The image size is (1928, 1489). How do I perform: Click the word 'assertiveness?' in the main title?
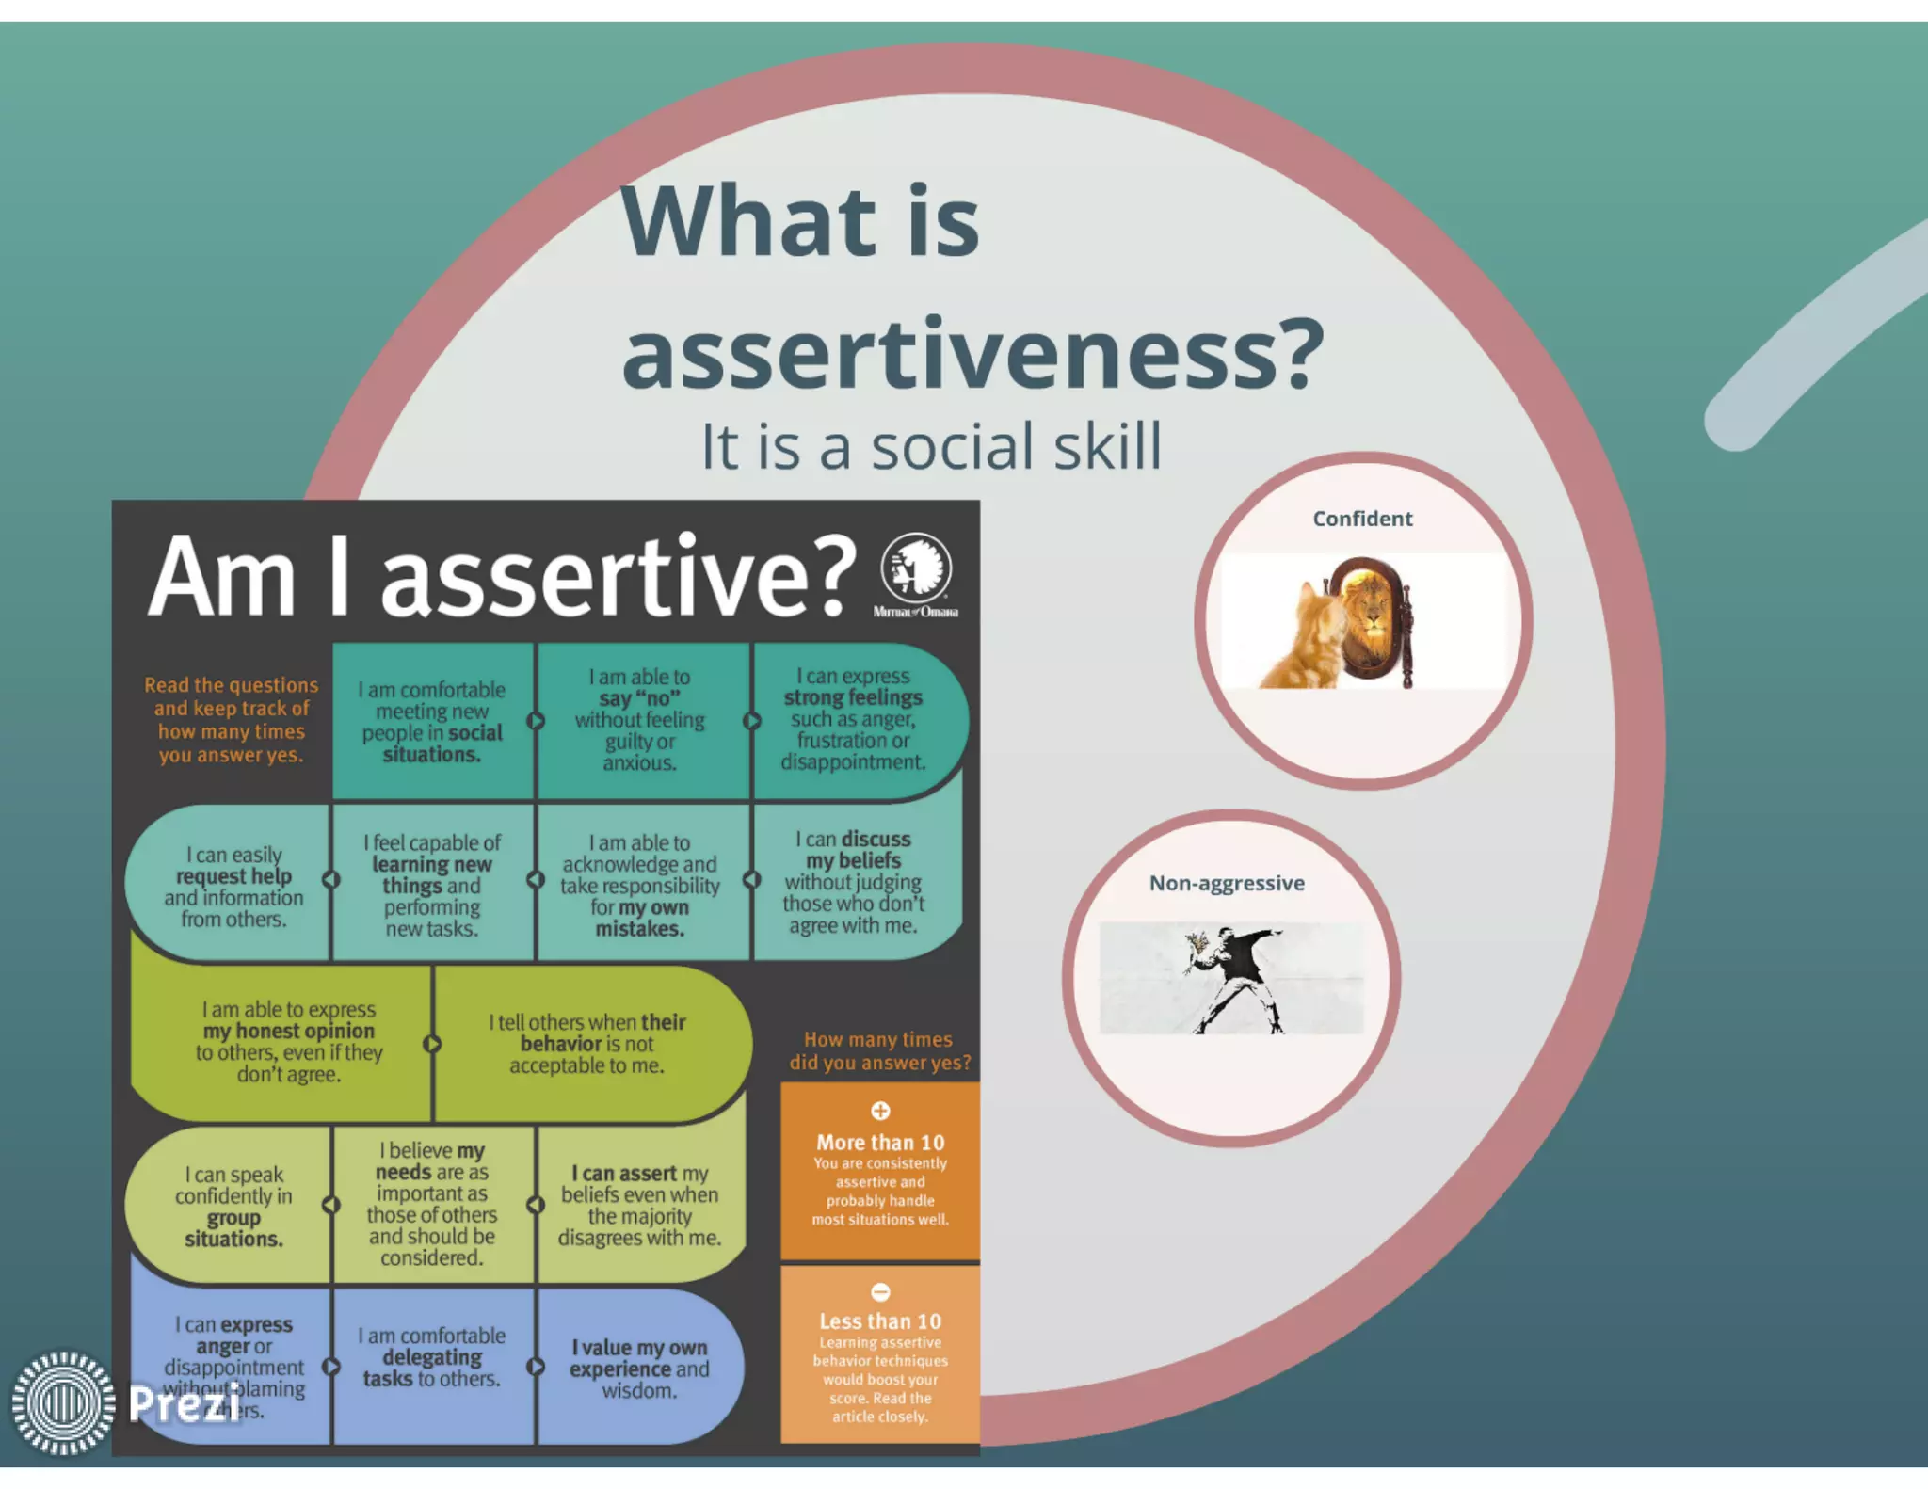point(972,355)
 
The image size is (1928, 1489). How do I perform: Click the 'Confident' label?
point(1362,519)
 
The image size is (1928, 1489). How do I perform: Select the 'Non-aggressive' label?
point(1227,883)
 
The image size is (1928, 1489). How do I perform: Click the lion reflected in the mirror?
point(1371,616)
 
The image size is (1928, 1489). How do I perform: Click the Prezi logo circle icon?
point(63,1402)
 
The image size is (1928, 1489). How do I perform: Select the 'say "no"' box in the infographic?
point(640,720)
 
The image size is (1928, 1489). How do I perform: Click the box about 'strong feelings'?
point(853,720)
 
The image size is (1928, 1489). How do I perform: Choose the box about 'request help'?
point(233,887)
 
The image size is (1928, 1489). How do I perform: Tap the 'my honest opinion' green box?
point(288,1042)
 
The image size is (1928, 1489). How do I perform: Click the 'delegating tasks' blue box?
point(431,1357)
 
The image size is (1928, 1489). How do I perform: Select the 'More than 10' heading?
point(880,1143)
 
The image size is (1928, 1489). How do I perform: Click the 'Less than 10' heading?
point(880,1321)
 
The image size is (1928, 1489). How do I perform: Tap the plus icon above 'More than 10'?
point(880,1111)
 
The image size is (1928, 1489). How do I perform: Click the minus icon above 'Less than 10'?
point(880,1292)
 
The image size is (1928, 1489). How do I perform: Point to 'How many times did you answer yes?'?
point(878,1051)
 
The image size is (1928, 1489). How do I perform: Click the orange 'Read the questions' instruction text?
point(231,720)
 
